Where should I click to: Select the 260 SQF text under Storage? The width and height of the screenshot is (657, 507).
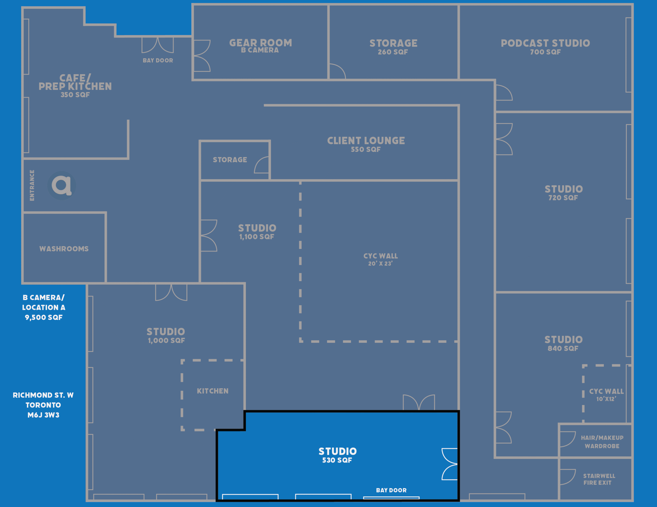pyautogui.click(x=393, y=52)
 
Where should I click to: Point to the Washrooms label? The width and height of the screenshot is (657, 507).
pyautogui.click(x=64, y=249)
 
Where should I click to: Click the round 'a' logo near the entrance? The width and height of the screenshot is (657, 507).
pyautogui.click(x=61, y=185)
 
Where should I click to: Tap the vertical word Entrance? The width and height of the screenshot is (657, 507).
pyautogui.click(x=32, y=185)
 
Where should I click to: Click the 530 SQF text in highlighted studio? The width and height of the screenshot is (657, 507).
pyautogui.click(x=337, y=460)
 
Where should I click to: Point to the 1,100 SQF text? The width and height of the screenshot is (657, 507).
pyautogui.click(x=257, y=237)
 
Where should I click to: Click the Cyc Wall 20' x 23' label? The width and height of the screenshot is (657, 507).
pyautogui.click(x=381, y=260)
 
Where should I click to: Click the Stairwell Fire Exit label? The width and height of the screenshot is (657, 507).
pyautogui.click(x=599, y=479)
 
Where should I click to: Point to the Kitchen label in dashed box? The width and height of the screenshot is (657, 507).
pyautogui.click(x=213, y=391)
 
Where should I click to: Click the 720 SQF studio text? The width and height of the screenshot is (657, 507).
pyautogui.click(x=563, y=198)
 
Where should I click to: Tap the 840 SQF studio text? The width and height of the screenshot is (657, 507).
pyautogui.click(x=563, y=349)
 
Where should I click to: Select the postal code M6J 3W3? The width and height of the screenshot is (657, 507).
pyautogui.click(x=43, y=415)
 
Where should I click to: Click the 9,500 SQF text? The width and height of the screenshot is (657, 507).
pyautogui.click(x=44, y=317)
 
